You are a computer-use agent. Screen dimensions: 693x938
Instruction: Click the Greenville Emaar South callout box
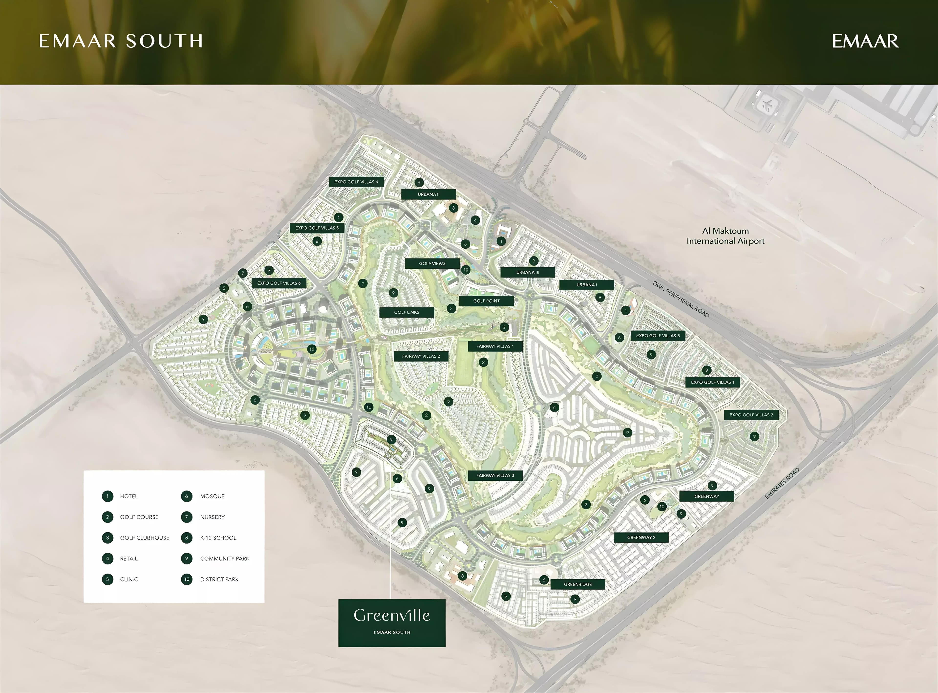[392, 622]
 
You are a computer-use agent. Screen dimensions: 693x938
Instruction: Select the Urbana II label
[428, 194]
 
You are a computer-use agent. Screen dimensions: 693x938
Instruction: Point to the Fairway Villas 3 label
[495, 475]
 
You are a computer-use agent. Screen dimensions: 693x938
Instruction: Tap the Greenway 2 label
[641, 537]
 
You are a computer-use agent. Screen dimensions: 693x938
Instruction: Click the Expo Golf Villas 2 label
[751, 415]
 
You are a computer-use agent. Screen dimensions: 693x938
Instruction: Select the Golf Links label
[406, 312]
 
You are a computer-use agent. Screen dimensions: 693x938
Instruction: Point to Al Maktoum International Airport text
[725, 236]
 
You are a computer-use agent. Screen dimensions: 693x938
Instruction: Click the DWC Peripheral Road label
[681, 299]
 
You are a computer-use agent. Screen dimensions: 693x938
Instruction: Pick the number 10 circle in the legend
[187, 579]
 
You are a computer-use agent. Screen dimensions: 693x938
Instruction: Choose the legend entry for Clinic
[129, 579]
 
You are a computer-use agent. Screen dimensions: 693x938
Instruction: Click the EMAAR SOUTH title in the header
[121, 41]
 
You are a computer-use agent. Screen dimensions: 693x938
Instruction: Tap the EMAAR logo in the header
[865, 41]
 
